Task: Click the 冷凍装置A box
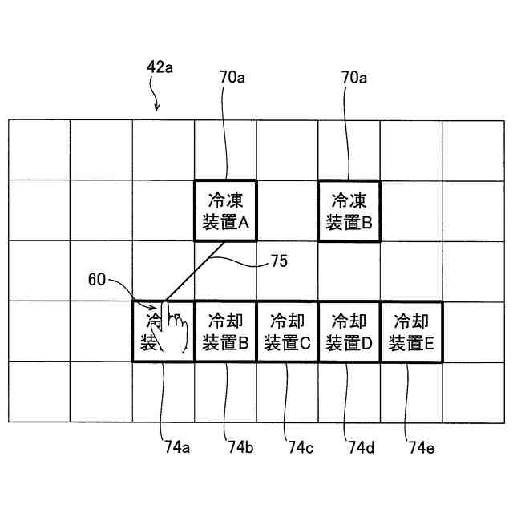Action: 224,210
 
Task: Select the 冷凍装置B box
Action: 349,210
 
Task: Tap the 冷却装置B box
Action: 225,332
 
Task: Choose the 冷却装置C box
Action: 287,332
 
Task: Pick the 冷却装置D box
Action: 349,332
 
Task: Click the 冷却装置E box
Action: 410,332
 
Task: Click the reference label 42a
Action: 160,68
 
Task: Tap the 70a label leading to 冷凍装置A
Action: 232,78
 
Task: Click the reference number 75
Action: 279,261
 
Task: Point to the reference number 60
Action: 97,280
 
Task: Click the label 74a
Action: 174,447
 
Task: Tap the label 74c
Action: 299,447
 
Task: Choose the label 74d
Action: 360,447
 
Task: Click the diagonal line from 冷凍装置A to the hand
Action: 193,271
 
